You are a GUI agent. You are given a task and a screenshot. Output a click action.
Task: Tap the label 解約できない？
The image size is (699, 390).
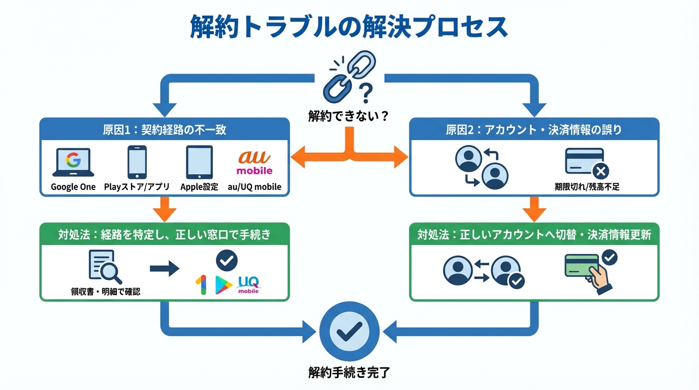[x=348, y=116]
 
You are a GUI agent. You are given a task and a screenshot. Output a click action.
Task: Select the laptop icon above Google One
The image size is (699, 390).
[x=73, y=162]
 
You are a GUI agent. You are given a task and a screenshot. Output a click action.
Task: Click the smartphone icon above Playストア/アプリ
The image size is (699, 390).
[x=137, y=162]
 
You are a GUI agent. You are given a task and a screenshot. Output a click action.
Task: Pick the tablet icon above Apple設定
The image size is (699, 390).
[x=199, y=162]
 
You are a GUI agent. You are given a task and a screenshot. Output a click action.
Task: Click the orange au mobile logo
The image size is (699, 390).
[x=254, y=162]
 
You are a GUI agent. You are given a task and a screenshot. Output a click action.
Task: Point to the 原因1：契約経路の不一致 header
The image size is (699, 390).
[x=165, y=129]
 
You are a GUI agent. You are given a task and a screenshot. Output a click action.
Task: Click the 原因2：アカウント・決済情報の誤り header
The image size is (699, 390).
[x=534, y=129]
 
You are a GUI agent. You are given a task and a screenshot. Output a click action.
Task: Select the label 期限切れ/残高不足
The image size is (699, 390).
[x=587, y=187]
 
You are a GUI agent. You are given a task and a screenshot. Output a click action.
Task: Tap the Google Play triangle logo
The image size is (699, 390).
[x=223, y=285]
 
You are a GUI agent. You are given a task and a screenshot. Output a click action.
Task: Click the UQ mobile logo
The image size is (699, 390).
[x=248, y=284]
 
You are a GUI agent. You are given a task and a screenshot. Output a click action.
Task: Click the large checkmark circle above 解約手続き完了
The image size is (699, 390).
[x=349, y=331]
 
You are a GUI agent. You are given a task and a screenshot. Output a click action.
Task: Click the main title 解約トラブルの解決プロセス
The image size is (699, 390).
[x=349, y=27]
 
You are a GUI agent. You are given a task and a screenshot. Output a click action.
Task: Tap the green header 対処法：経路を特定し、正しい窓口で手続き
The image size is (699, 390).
[x=165, y=235]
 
